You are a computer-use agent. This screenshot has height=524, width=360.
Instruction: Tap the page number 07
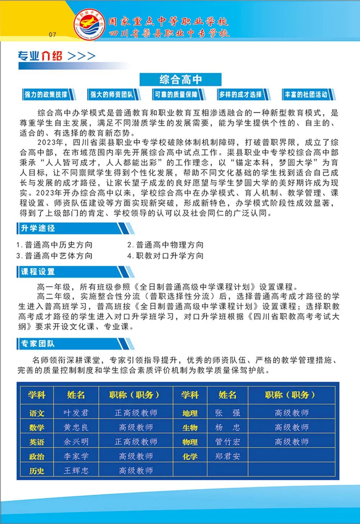coord(53,35)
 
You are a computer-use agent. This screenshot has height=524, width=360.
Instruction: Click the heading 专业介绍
coord(40,56)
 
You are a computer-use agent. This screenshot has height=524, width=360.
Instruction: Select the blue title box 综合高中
coord(180,80)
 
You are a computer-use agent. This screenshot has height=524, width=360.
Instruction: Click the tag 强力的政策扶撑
coord(46,95)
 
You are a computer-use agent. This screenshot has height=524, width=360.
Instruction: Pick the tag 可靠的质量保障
coord(176,95)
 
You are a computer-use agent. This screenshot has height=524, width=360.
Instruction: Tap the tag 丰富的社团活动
coord(306,95)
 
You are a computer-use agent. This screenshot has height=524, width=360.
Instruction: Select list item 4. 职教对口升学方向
coord(165,256)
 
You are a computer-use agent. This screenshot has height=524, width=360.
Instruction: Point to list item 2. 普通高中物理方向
coord(165,245)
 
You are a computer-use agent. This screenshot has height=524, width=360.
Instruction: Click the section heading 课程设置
coord(38,272)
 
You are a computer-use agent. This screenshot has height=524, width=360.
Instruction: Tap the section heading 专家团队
coord(38,344)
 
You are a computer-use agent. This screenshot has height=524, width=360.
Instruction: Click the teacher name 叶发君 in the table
coord(76,413)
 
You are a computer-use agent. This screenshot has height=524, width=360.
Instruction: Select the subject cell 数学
coord(37,427)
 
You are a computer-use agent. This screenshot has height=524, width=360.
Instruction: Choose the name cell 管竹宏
coord(228,442)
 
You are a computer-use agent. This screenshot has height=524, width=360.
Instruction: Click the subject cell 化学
coord(190,456)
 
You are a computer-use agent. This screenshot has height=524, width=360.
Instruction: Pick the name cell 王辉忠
coord(76,471)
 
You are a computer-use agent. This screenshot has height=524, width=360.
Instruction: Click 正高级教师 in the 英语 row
coord(136,442)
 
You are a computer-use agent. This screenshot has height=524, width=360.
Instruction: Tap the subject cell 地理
coord(190,413)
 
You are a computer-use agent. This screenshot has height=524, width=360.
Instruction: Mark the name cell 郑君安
coord(228,456)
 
